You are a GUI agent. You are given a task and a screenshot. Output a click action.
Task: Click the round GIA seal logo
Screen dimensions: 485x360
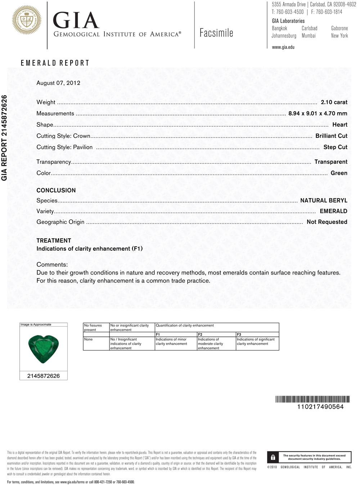click(27, 21)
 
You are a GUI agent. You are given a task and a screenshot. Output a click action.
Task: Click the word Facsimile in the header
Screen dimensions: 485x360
click(216, 33)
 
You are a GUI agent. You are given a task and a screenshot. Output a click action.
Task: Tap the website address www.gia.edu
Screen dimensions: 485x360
click(283, 47)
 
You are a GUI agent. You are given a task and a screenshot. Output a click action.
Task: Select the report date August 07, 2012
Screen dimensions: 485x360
click(58, 83)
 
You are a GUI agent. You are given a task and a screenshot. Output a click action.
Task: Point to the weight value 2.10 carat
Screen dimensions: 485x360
click(334, 102)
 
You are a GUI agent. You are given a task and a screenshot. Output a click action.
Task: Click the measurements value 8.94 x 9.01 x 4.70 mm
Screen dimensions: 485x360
click(318, 113)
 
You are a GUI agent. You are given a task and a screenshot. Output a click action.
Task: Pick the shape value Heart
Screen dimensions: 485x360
click(339, 125)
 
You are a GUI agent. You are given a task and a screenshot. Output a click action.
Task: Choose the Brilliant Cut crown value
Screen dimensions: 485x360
click(331, 136)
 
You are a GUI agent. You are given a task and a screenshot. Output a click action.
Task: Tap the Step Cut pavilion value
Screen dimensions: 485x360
click(335, 147)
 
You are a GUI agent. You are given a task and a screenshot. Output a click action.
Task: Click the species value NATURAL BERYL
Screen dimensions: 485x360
click(324, 200)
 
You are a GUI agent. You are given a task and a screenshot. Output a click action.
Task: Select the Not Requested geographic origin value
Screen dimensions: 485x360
click(327, 222)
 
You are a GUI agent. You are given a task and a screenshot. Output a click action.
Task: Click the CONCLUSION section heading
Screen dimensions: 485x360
click(56, 190)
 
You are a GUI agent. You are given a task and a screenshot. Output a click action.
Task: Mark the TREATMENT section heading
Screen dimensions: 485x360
click(54, 241)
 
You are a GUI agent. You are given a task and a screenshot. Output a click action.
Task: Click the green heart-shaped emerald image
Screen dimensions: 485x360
click(44, 348)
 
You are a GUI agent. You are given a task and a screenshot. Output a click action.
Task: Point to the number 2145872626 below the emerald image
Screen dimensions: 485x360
click(44, 376)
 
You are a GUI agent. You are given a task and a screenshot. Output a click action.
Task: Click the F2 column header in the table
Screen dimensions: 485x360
click(200, 335)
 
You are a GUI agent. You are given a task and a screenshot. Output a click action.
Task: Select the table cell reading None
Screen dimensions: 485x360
click(88, 339)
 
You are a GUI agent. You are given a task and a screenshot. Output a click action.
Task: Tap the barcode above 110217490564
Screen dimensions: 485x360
click(312, 399)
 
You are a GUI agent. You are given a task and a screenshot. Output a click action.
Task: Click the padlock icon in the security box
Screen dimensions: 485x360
click(273, 457)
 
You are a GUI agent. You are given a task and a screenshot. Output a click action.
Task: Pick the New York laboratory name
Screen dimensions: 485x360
click(339, 36)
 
